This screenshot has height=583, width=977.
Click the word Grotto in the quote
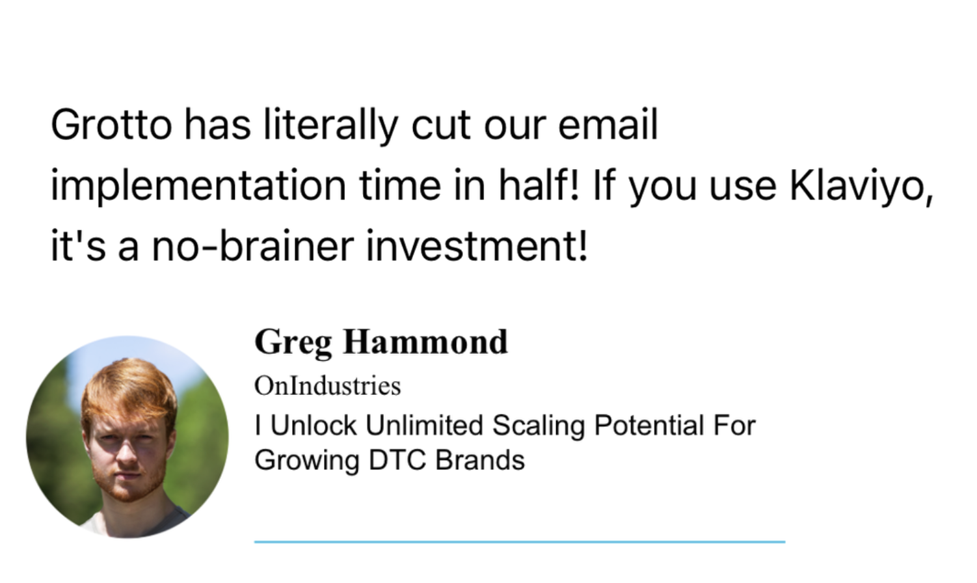point(111,124)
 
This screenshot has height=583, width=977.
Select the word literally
point(330,124)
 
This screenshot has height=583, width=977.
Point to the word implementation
point(198,185)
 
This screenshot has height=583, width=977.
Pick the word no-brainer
point(254,246)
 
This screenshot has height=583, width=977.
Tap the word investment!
point(477,246)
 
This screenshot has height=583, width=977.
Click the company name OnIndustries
point(327,386)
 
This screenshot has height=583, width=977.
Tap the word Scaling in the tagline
point(539,426)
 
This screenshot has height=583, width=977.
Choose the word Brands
point(480,460)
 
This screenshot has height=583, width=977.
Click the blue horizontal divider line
point(519,541)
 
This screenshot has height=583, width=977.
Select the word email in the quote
point(608,124)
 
